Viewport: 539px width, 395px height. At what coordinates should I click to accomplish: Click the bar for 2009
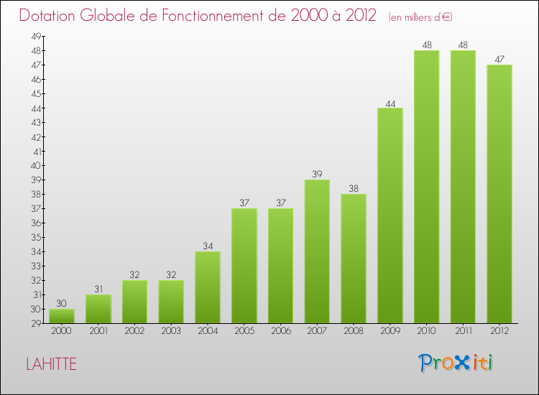coord(390,215)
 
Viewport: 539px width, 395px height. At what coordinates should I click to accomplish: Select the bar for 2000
coord(62,316)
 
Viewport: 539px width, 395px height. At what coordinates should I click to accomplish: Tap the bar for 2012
coord(499,194)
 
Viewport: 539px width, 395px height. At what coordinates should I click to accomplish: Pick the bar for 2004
coord(208,287)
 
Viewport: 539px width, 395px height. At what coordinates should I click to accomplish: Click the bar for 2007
coord(317,251)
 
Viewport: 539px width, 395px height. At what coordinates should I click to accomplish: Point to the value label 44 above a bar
coord(390,103)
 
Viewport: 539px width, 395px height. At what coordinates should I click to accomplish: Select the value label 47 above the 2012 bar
coord(499,60)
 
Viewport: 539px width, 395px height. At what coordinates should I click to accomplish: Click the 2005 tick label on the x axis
coord(244,332)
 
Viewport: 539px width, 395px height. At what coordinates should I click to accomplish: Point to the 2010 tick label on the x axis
coord(427,332)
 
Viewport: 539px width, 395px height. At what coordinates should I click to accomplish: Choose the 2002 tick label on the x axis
coord(134,332)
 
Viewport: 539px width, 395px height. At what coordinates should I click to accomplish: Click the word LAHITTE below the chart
coord(51,364)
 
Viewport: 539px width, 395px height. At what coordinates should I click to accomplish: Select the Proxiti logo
coord(456,363)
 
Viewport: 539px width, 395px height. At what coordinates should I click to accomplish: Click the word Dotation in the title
coord(49,16)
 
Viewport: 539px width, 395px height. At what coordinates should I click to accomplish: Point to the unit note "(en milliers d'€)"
coord(420,17)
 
